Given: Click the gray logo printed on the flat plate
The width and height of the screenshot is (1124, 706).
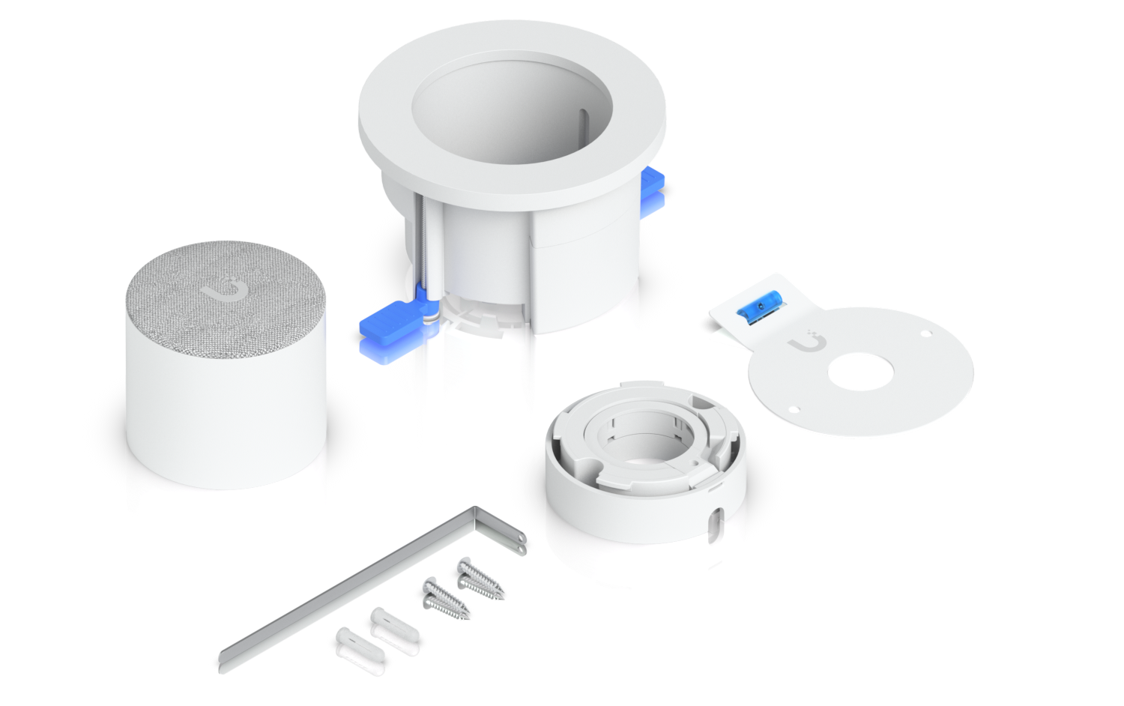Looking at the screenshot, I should [803, 343].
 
